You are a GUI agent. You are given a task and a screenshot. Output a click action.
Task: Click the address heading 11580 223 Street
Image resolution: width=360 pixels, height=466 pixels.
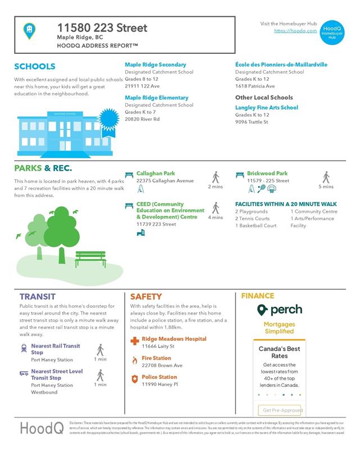[102, 28]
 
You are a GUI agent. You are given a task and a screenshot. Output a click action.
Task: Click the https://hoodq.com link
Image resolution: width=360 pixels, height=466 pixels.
[295, 31]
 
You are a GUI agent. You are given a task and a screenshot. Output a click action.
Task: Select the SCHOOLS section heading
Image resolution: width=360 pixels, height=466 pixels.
[35, 66]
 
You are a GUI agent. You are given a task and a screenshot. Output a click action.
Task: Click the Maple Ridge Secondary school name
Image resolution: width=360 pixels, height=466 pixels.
[155, 65]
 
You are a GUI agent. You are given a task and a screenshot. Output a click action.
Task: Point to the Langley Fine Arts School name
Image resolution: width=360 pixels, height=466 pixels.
[266, 107]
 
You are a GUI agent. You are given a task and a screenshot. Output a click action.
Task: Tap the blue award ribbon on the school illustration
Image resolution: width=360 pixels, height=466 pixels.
[106, 120]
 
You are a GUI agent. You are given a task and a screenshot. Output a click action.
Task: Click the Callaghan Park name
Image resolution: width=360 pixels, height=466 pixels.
[156, 173]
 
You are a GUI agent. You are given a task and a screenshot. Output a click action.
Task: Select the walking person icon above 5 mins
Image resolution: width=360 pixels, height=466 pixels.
[326, 177]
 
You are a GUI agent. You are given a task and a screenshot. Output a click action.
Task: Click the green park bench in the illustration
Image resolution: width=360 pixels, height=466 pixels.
[90, 258]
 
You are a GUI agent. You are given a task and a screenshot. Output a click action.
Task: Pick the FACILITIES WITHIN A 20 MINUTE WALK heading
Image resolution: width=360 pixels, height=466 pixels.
[285, 204]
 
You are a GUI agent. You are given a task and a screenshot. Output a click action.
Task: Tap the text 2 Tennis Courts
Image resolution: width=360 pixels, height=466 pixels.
[252, 218]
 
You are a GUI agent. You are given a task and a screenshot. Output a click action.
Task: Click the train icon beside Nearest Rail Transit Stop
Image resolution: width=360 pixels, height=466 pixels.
[24, 349]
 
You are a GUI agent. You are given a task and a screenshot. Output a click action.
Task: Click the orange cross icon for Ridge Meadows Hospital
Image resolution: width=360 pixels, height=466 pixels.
[134, 341]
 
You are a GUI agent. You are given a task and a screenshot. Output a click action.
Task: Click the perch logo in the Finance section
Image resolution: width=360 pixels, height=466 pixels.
[279, 310]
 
